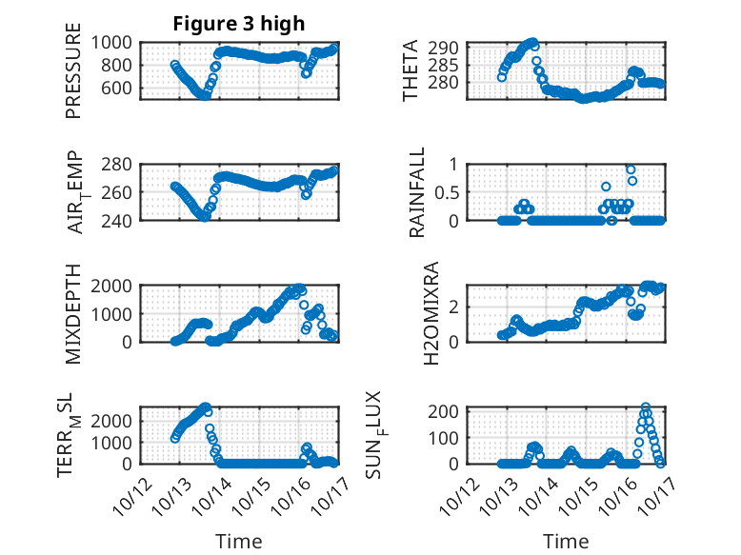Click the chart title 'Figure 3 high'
coord(238,24)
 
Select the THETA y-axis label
coord(411,70)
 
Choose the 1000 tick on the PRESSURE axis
coord(115,42)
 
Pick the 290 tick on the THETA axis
coord(451,48)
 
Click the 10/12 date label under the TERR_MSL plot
coord(132,491)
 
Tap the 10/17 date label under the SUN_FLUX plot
coord(652,491)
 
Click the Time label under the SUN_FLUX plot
coord(566,541)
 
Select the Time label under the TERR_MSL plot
coord(238,541)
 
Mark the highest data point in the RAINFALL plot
coord(631,169)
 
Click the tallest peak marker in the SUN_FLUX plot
coord(646,407)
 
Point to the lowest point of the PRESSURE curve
coord(204,95)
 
